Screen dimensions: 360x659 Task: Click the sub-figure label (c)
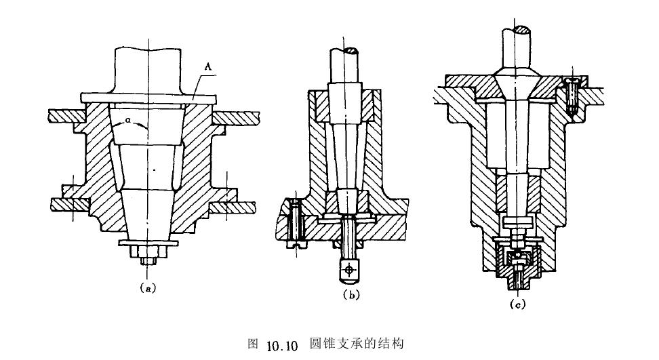[517, 304]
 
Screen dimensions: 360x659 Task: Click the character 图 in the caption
[254, 344]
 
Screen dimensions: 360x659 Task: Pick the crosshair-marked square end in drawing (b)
[350, 269]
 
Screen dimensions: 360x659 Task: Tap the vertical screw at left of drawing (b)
[296, 221]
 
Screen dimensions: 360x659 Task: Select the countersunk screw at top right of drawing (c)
[572, 95]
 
